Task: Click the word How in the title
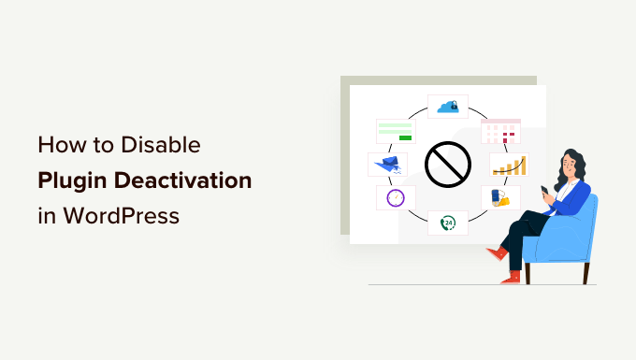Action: click(x=58, y=146)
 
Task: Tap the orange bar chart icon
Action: click(x=509, y=166)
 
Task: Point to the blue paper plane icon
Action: click(x=386, y=166)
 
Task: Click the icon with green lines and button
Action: click(x=395, y=131)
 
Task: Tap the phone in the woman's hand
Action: click(x=543, y=191)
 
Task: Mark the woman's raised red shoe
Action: click(x=497, y=253)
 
